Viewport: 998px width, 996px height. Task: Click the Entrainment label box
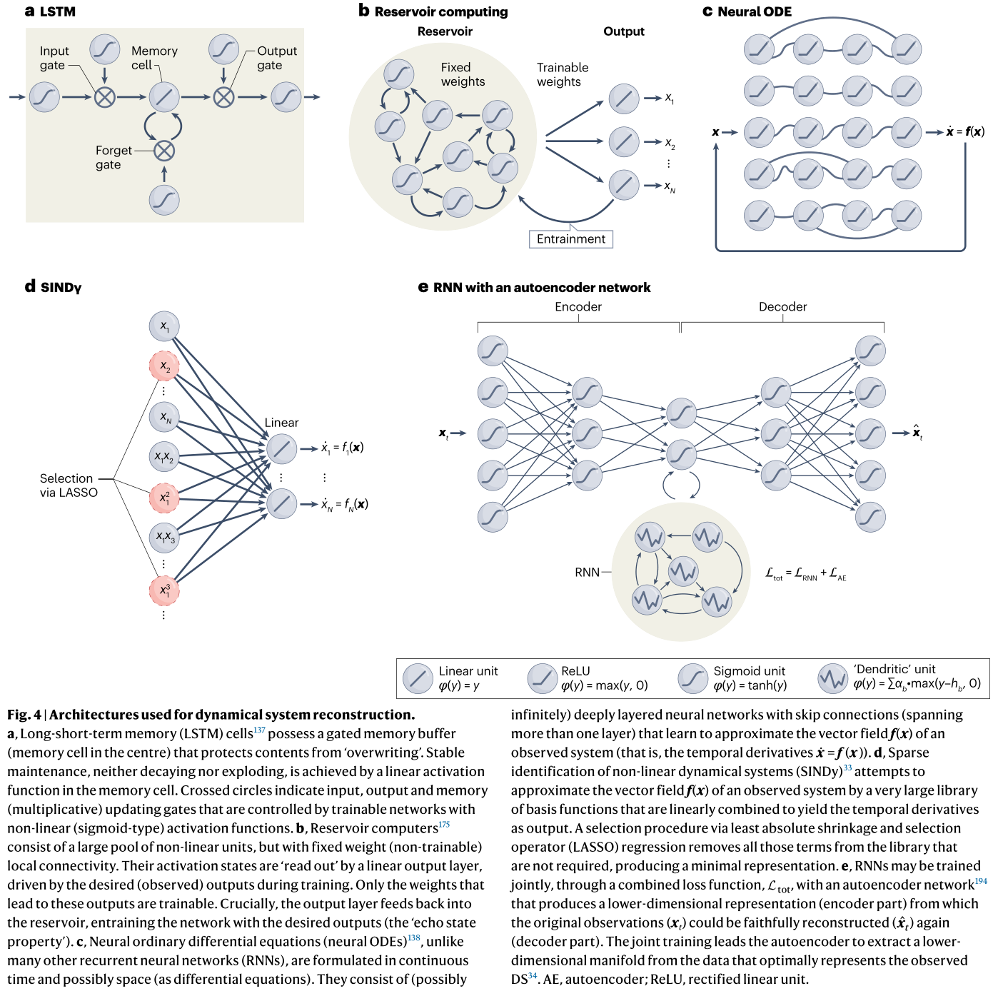point(570,239)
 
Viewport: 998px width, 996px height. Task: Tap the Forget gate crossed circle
point(164,151)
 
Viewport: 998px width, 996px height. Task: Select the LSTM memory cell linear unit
point(164,97)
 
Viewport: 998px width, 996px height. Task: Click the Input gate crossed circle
point(105,97)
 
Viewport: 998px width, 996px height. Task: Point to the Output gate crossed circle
point(224,97)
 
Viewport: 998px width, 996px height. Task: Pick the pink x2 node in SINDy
point(164,366)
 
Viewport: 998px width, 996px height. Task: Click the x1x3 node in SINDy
point(164,537)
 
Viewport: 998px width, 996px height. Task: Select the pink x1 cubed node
point(164,590)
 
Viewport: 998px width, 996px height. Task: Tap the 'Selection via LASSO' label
point(69,486)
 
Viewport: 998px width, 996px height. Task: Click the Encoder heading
point(578,307)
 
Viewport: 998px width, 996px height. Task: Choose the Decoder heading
point(782,307)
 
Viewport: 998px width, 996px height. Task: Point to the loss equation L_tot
point(805,573)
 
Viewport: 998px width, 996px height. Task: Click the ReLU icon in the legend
point(542,678)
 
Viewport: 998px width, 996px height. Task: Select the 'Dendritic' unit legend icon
point(832,678)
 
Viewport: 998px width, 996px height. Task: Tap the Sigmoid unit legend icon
point(692,678)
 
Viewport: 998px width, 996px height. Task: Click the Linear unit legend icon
point(418,678)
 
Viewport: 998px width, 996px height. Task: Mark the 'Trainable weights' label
point(562,75)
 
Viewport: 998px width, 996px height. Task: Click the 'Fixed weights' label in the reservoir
point(463,75)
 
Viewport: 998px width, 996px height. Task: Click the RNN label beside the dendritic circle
point(587,573)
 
